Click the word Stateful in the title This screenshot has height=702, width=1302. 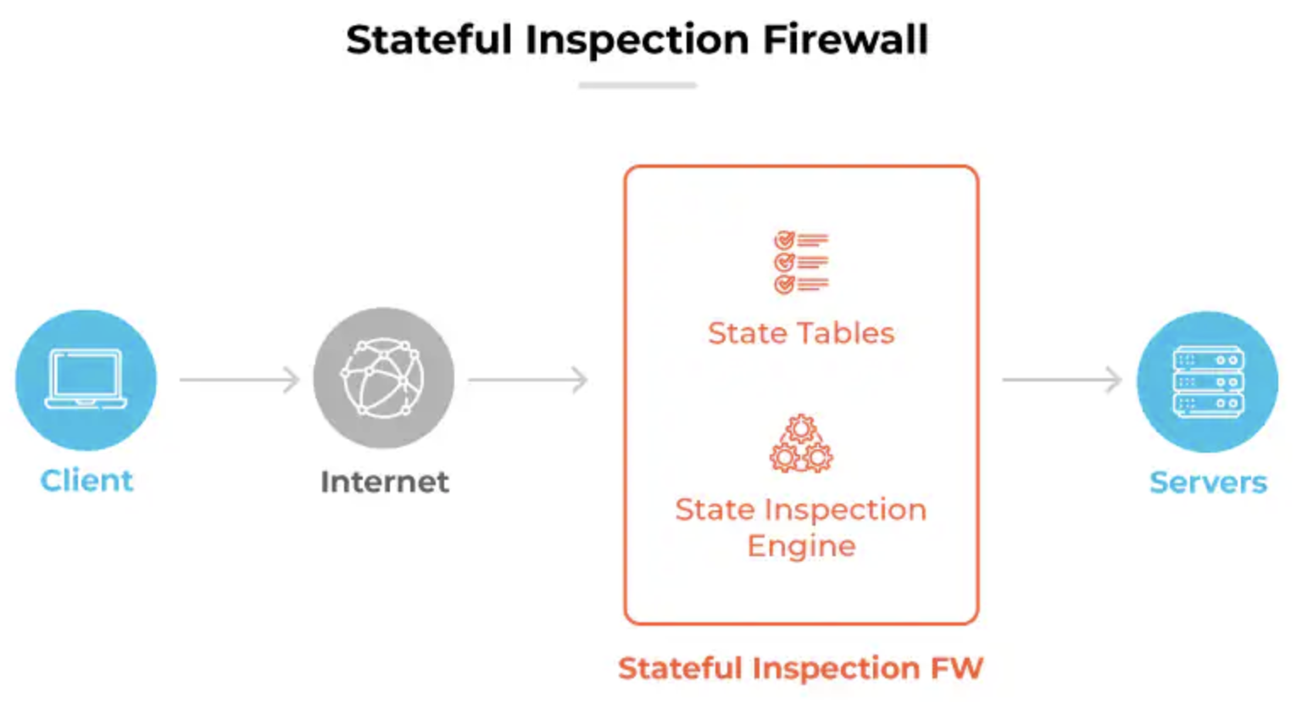(x=429, y=40)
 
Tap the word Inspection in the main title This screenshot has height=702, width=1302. (x=637, y=40)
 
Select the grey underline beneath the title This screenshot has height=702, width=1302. (x=637, y=85)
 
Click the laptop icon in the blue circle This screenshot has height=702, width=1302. (x=86, y=378)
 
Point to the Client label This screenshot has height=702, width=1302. (x=86, y=481)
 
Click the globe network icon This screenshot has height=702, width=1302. (x=383, y=377)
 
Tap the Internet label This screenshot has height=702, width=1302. (x=384, y=482)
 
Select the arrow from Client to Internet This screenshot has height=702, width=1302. (x=240, y=379)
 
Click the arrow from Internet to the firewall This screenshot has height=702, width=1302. (x=528, y=379)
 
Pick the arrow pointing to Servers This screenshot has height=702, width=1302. (x=1061, y=379)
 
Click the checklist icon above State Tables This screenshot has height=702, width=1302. (x=800, y=262)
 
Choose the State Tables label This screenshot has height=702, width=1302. (x=801, y=333)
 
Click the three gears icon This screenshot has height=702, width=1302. (x=801, y=443)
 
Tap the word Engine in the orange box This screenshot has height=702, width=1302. (x=801, y=546)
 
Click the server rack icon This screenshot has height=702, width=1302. (x=1208, y=382)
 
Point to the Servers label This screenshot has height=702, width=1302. (x=1208, y=482)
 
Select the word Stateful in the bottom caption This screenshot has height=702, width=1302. (x=680, y=668)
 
